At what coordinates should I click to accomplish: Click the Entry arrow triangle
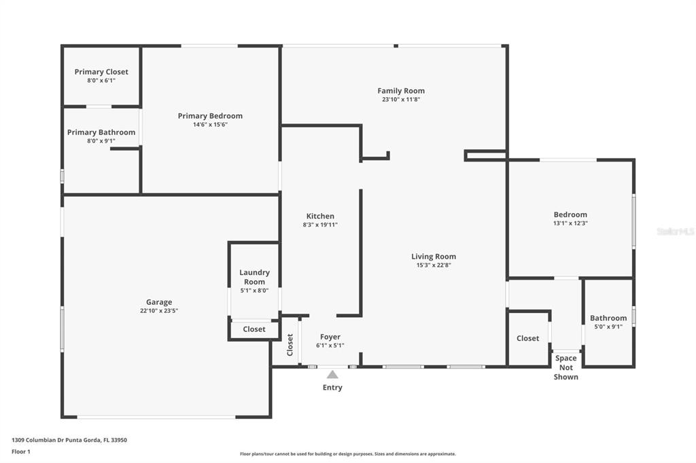point(332,375)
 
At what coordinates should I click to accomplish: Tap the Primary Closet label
point(101,72)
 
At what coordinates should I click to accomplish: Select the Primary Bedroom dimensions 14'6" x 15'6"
point(211,125)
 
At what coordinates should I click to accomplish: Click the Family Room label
point(401,90)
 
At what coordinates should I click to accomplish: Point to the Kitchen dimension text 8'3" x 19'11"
point(320,225)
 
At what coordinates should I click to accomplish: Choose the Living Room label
point(434,257)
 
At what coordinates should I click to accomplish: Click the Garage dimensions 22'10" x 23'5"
point(159,311)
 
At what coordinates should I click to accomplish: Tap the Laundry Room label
point(254,277)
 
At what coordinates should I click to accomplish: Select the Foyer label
point(330,337)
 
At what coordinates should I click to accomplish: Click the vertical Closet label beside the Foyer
point(290,345)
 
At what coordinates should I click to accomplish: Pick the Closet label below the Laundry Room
point(254,329)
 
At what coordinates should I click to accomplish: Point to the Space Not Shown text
point(566,368)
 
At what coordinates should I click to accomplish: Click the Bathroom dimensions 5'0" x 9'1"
point(608,327)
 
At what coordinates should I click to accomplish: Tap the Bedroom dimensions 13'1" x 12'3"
point(570,223)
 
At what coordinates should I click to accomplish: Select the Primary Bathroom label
point(101,132)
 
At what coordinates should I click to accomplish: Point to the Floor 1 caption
point(21,451)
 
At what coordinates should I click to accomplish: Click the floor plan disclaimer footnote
point(348,453)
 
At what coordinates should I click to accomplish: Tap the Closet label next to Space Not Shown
point(527,338)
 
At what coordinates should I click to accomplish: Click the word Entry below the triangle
point(332,388)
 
